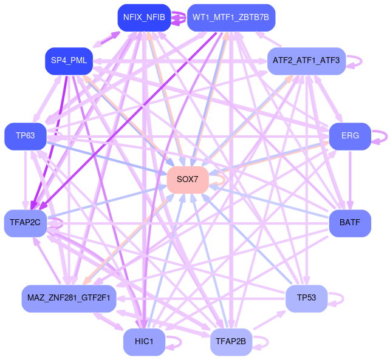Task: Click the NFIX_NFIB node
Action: pyautogui.click(x=143, y=18)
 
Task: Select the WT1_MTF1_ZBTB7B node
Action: pyautogui.click(x=231, y=18)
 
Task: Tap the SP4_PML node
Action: pyautogui.click(x=69, y=61)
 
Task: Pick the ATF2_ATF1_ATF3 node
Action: pyautogui.click(x=306, y=61)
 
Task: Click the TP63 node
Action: pyautogui.click(x=26, y=136)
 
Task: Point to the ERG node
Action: pyautogui.click(x=350, y=136)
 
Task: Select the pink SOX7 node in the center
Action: pyautogui.click(x=188, y=180)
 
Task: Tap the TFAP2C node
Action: pyautogui.click(x=26, y=223)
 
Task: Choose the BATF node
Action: pyautogui.click(x=350, y=223)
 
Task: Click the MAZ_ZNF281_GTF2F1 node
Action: pyautogui.click(x=69, y=298)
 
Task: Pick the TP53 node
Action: pyautogui.click(x=306, y=298)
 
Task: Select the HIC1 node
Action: pyautogui.click(x=144, y=342)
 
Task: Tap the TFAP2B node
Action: pyautogui.click(x=231, y=342)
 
